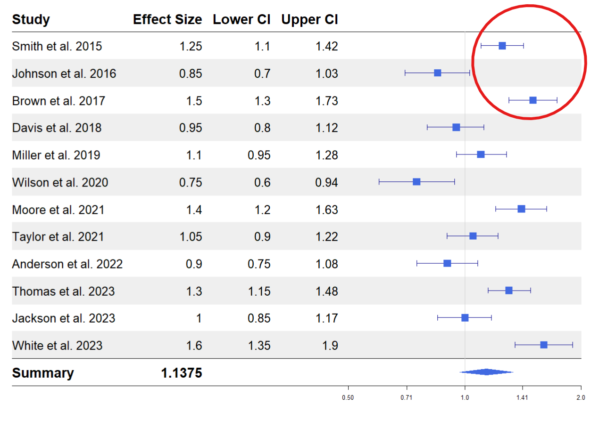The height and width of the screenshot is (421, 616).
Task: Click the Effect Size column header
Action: pos(167,20)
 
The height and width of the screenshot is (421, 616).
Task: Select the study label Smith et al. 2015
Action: pos(57,47)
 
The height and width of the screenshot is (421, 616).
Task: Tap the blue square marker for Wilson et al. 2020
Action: pos(416,182)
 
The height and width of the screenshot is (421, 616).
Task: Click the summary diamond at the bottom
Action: pos(486,372)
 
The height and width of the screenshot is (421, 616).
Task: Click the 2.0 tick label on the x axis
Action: pos(581,397)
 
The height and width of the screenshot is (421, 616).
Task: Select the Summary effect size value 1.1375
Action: pos(181,373)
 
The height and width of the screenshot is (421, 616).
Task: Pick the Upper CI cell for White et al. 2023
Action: pos(331,346)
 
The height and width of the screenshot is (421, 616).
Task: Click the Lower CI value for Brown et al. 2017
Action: pos(262,101)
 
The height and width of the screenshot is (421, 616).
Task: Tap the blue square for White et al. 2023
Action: pos(544,345)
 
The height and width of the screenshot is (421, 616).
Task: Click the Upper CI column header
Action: pos(309,20)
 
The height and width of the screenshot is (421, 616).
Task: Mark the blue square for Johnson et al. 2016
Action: pos(438,73)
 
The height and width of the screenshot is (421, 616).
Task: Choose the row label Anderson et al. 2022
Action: pos(67,264)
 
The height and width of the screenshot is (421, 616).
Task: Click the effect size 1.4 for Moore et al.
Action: pos(194,210)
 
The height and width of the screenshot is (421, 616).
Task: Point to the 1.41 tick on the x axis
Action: pos(522,397)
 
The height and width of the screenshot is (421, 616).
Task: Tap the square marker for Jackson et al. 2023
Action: pos(465,318)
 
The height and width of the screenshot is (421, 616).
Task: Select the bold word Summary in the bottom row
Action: pos(43,373)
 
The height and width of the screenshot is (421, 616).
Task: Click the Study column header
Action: pos(31,20)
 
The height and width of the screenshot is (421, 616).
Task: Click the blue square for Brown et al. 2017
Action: pos(533,100)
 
